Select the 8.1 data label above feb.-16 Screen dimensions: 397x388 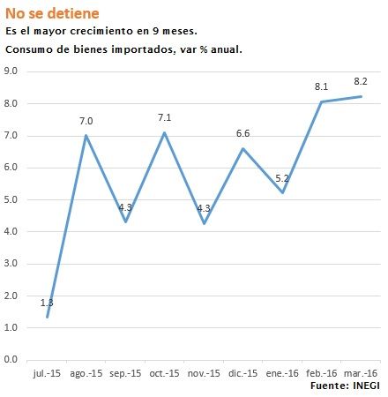point(322,86)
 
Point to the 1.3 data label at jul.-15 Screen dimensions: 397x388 point(48,303)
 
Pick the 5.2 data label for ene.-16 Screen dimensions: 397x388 point(282,177)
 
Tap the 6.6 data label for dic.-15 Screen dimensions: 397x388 point(244,133)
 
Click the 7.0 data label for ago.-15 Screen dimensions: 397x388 point(86,120)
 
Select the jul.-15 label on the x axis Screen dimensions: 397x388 point(48,373)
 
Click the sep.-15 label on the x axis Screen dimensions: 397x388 point(125,373)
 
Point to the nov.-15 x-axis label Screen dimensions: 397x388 point(204,373)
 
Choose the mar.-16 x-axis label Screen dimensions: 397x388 point(361,373)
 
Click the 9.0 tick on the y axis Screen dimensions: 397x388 point(12,71)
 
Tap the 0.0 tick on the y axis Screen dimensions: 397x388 point(12,360)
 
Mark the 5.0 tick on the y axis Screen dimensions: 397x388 point(12,199)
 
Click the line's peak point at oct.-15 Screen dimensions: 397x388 point(165,132)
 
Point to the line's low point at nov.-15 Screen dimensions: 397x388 point(204,223)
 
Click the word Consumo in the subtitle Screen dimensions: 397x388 point(30,49)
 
